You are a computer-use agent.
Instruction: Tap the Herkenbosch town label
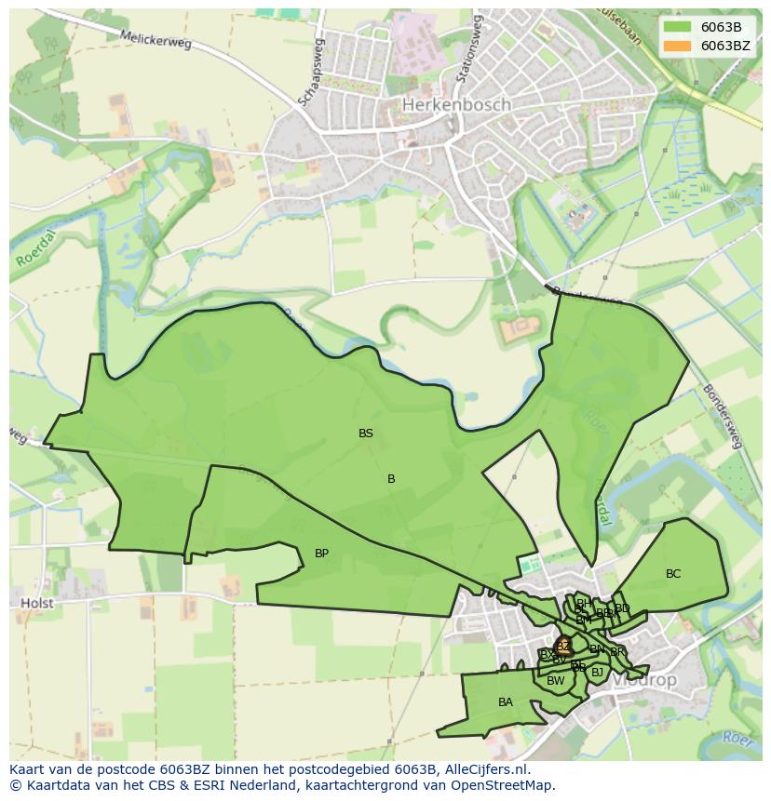(x=456, y=105)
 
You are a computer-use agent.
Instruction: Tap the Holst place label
(x=37, y=603)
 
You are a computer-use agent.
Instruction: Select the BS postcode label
(x=366, y=434)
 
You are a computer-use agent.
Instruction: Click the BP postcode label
(x=321, y=554)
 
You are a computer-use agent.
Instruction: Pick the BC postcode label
(x=673, y=574)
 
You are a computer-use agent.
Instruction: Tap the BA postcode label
(x=505, y=702)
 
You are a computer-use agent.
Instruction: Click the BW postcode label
(x=556, y=681)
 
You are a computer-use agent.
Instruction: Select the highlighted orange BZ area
(x=562, y=646)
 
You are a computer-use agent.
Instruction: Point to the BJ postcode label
(x=597, y=672)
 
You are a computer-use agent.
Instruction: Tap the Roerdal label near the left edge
(x=34, y=250)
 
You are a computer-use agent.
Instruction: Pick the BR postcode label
(x=617, y=652)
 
